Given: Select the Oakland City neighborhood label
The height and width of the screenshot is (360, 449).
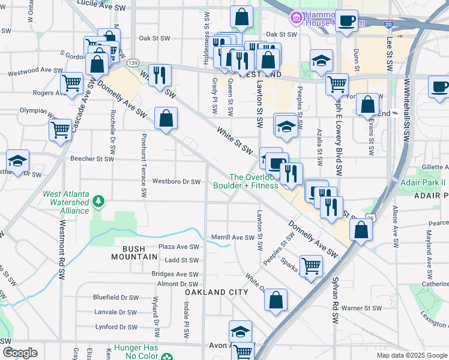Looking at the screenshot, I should (216, 292).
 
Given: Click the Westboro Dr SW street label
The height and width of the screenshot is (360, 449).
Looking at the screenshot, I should (176, 181).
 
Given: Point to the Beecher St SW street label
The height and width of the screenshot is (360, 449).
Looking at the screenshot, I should (92, 159).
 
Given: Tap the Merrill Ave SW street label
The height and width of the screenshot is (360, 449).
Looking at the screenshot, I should (233, 238).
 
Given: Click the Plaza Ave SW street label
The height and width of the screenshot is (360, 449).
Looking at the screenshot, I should (178, 247).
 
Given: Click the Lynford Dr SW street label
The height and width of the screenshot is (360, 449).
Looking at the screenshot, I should (115, 327).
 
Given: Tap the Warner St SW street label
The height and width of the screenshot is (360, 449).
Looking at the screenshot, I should (362, 308).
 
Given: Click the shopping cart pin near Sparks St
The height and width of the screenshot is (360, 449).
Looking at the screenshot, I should (311, 265).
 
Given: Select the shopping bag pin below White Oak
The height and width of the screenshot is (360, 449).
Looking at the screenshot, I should (276, 300).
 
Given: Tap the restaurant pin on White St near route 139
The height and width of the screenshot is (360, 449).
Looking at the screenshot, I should (159, 75).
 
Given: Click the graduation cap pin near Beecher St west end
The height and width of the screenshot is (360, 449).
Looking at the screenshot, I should (18, 161).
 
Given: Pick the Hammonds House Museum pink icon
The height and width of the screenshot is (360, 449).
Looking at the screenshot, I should (296, 18).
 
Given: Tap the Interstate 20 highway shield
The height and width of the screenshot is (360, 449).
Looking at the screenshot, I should (388, 25).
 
